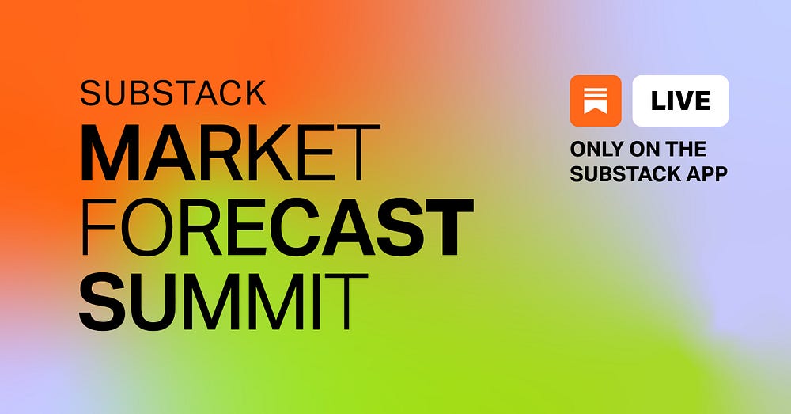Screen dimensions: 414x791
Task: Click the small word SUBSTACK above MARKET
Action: [172, 93]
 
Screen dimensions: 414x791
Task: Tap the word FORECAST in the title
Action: [277, 227]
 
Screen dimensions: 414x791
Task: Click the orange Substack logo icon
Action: [595, 101]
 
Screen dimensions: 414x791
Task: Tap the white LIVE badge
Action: [680, 101]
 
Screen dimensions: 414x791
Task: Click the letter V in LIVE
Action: [685, 101]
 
